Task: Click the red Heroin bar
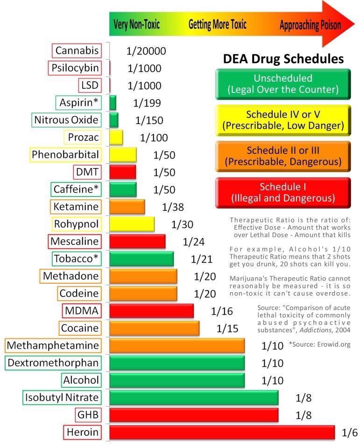pyautogui.click(x=222, y=432)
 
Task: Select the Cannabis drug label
pyautogui.click(x=77, y=51)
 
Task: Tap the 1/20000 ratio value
pyautogui.click(x=146, y=51)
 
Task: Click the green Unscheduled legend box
pyautogui.click(x=283, y=84)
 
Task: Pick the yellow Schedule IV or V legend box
pyautogui.click(x=283, y=120)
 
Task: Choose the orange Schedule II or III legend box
pyautogui.click(x=283, y=156)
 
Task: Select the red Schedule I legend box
pyautogui.click(x=283, y=192)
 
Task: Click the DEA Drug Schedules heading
pyautogui.click(x=283, y=59)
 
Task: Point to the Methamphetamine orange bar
pyautogui.click(x=177, y=346)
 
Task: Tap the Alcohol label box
pyautogui.click(x=81, y=380)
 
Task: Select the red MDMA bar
pyautogui.click(x=151, y=311)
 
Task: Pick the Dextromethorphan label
pyautogui.click(x=53, y=363)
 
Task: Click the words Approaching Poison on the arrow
pyautogui.click(x=310, y=25)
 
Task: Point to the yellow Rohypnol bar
pyautogui.click(x=132, y=224)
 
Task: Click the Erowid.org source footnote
pyautogui.click(x=319, y=344)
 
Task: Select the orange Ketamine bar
pyautogui.click(x=127, y=207)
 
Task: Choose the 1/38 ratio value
pyautogui.click(x=173, y=207)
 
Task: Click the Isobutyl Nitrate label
pyautogui.click(x=62, y=397)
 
